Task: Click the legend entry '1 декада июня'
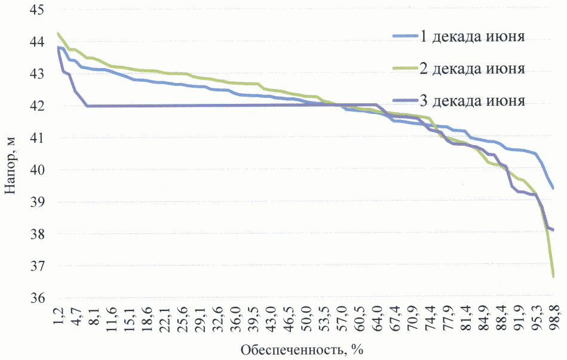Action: click(472, 37)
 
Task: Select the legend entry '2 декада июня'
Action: click(472, 68)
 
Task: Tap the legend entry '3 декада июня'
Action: click(472, 100)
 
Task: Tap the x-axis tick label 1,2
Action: click(58, 316)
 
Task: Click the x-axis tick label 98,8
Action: click(554, 316)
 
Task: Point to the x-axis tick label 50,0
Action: click(306, 316)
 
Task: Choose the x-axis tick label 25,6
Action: click(182, 316)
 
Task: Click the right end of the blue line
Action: click(553, 189)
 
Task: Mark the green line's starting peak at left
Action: click(58, 33)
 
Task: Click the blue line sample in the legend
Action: click(404, 37)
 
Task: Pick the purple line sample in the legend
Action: click(404, 100)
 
